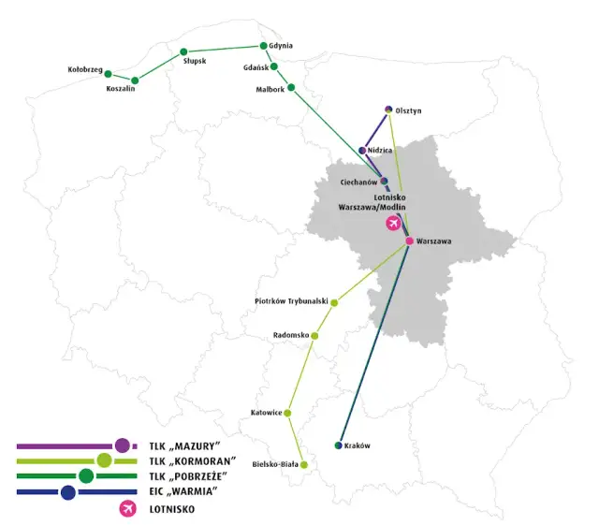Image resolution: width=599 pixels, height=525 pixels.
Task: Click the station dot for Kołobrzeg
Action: [108, 74]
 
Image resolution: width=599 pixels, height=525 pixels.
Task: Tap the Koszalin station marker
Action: [136, 80]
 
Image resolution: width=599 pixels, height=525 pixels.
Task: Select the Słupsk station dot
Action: [183, 51]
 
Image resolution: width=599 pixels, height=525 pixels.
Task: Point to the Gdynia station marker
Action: [263, 45]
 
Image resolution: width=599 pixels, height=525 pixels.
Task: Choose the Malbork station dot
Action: [291, 88]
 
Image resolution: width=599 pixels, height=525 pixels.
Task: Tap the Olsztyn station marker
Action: [388, 109]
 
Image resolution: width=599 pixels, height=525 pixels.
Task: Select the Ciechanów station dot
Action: [384, 181]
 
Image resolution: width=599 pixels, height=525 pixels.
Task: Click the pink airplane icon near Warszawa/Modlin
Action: [393, 224]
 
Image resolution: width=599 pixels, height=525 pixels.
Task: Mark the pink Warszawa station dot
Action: [410, 241]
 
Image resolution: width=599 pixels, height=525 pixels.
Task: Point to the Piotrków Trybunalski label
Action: [290, 301]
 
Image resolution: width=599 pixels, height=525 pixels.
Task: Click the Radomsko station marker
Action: [314, 335]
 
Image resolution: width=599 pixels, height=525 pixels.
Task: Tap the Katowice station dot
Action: [287, 413]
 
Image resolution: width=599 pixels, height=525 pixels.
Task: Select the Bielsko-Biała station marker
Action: [303, 464]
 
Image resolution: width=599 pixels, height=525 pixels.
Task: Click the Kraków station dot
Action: [339, 445]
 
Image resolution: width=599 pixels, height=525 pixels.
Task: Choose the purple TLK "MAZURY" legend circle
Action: [122, 445]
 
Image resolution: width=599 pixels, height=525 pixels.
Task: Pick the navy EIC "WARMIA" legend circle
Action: [67, 492]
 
